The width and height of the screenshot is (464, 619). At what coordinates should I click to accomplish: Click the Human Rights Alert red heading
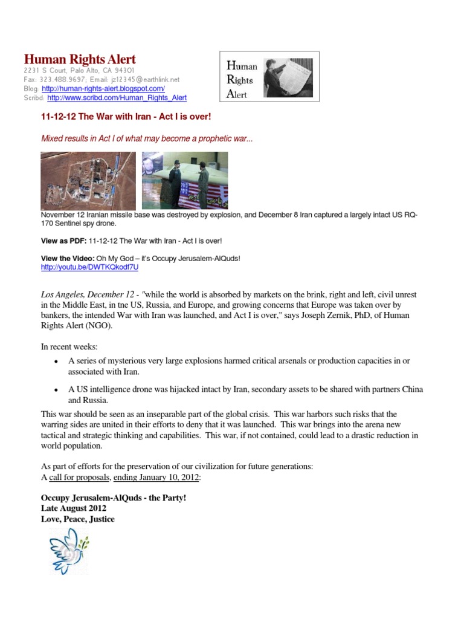80,59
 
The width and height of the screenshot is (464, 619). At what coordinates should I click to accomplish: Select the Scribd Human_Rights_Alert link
117,97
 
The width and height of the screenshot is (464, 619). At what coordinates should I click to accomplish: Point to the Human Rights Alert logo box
268,76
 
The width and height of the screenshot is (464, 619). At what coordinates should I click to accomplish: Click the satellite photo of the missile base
89,180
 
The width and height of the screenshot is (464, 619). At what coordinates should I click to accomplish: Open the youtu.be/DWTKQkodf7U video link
89,267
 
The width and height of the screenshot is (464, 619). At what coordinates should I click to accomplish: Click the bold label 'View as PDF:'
63,241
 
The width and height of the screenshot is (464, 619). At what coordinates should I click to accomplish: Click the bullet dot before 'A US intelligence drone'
56,389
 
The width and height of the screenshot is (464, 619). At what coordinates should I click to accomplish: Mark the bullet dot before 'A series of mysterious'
56,361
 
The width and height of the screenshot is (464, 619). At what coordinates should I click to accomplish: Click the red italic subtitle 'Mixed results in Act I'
147,138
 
